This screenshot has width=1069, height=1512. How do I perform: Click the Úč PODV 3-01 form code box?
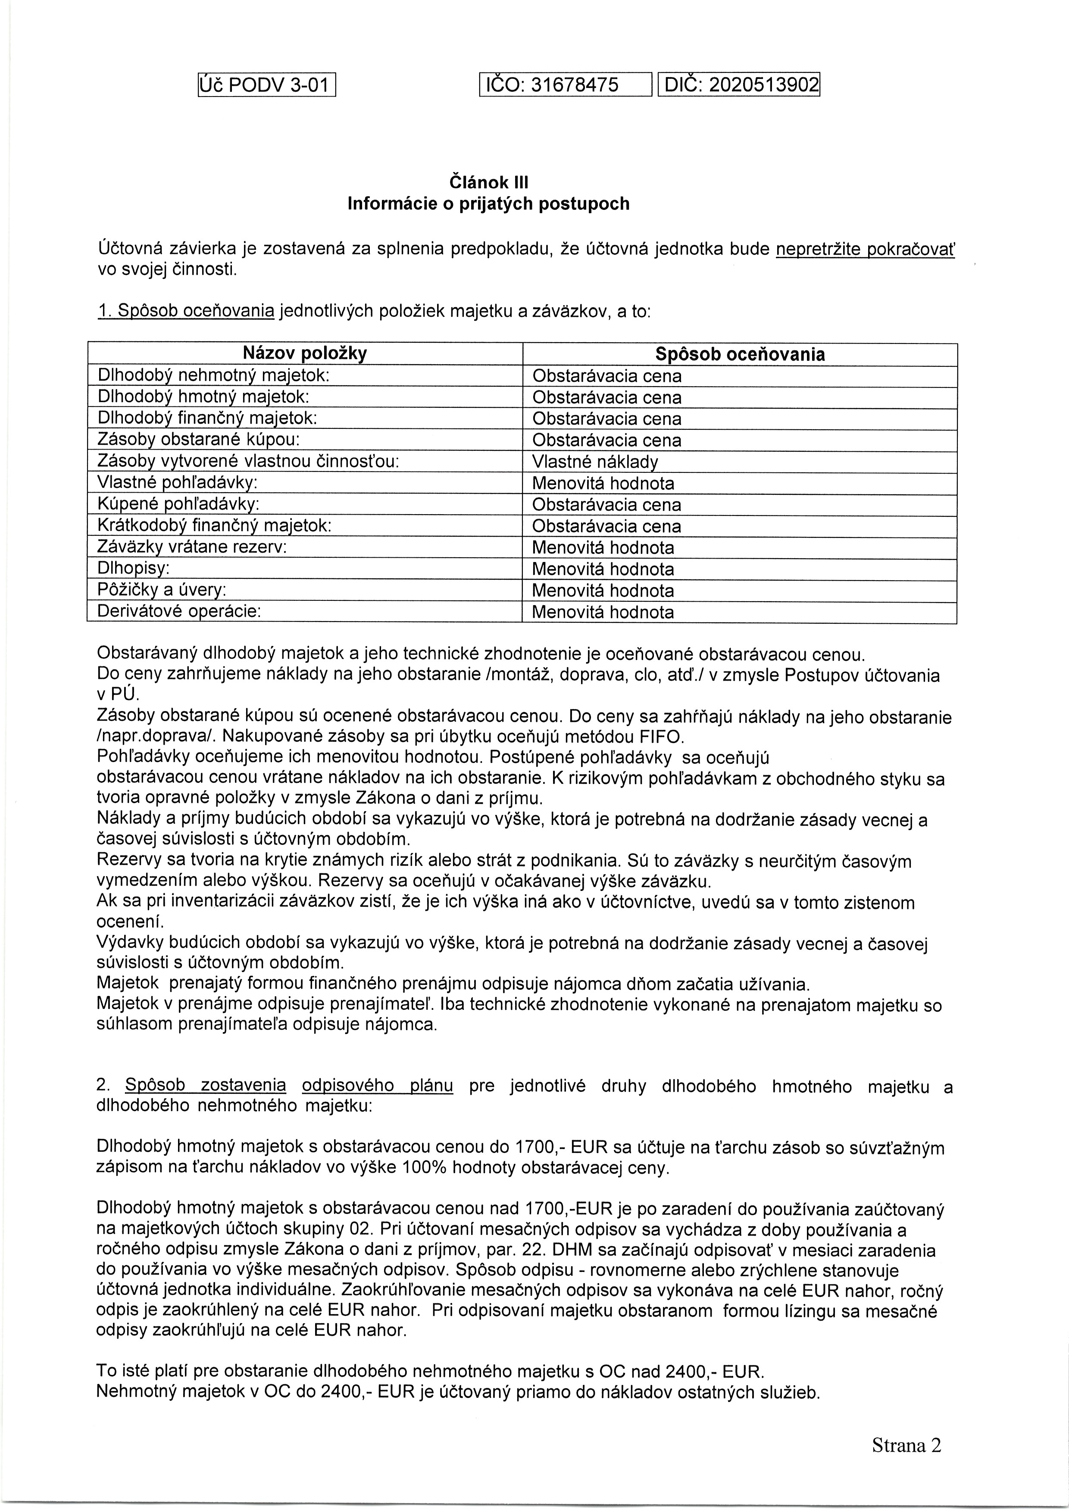[x=267, y=85]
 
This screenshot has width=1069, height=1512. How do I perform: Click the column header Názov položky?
[x=305, y=354]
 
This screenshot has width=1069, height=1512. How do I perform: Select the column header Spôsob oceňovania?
[x=740, y=354]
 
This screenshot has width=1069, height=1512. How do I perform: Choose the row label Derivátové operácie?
[x=179, y=611]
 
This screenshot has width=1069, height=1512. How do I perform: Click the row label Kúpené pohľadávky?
[x=178, y=504]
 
